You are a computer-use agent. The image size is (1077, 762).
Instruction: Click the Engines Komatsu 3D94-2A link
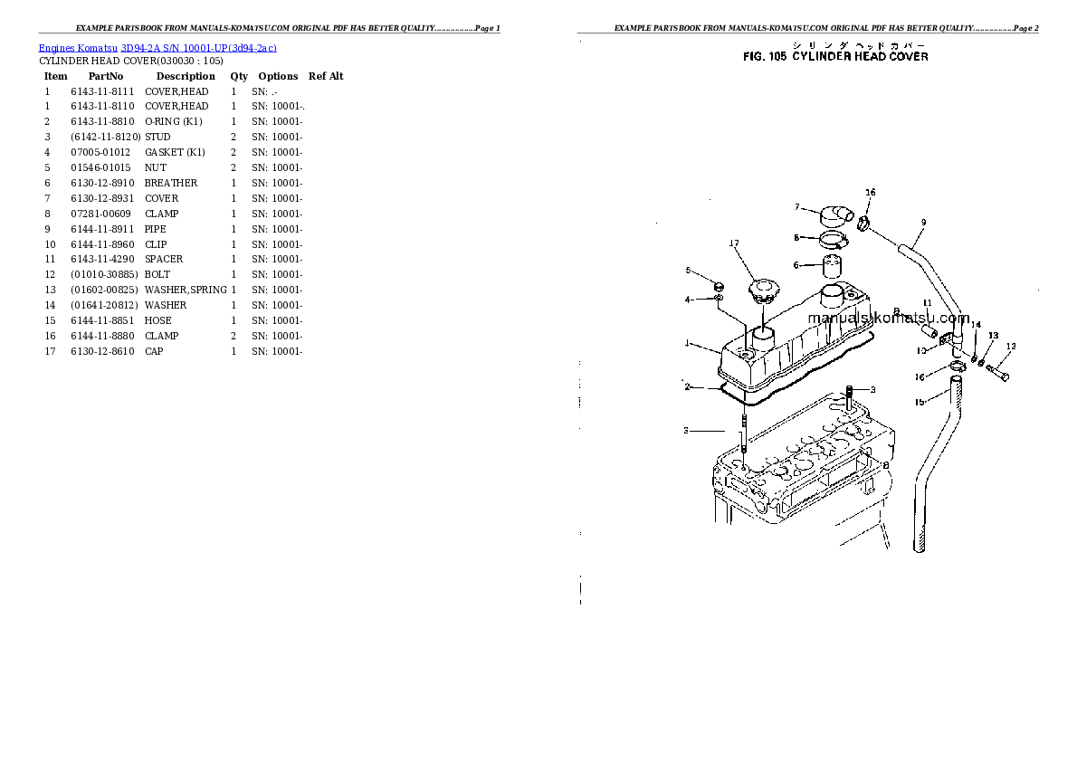click(x=158, y=47)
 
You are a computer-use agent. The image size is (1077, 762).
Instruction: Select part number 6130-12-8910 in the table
click(x=101, y=183)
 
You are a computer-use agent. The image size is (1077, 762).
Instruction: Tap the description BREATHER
click(x=171, y=183)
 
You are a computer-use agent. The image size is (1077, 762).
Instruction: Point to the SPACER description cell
click(x=164, y=259)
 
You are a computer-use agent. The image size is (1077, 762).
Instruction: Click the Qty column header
click(x=239, y=76)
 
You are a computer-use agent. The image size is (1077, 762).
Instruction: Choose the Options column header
click(x=278, y=76)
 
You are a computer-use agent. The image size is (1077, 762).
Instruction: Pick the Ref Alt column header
click(x=326, y=76)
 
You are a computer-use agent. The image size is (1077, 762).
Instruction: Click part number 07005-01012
click(x=100, y=152)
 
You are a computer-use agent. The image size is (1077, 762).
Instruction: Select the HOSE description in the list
click(x=158, y=320)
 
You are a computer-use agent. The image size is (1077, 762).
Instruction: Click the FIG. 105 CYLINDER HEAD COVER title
click(x=834, y=56)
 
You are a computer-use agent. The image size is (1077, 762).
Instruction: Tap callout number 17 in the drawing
click(x=734, y=243)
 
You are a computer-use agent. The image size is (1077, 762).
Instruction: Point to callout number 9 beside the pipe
click(x=923, y=222)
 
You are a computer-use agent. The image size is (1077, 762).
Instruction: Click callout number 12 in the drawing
click(x=1011, y=346)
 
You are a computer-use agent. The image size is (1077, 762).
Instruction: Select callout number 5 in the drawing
click(x=688, y=271)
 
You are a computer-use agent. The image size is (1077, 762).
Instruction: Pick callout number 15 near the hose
click(x=919, y=402)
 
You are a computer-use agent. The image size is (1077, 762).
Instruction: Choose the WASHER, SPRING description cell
click(x=186, y=290)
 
